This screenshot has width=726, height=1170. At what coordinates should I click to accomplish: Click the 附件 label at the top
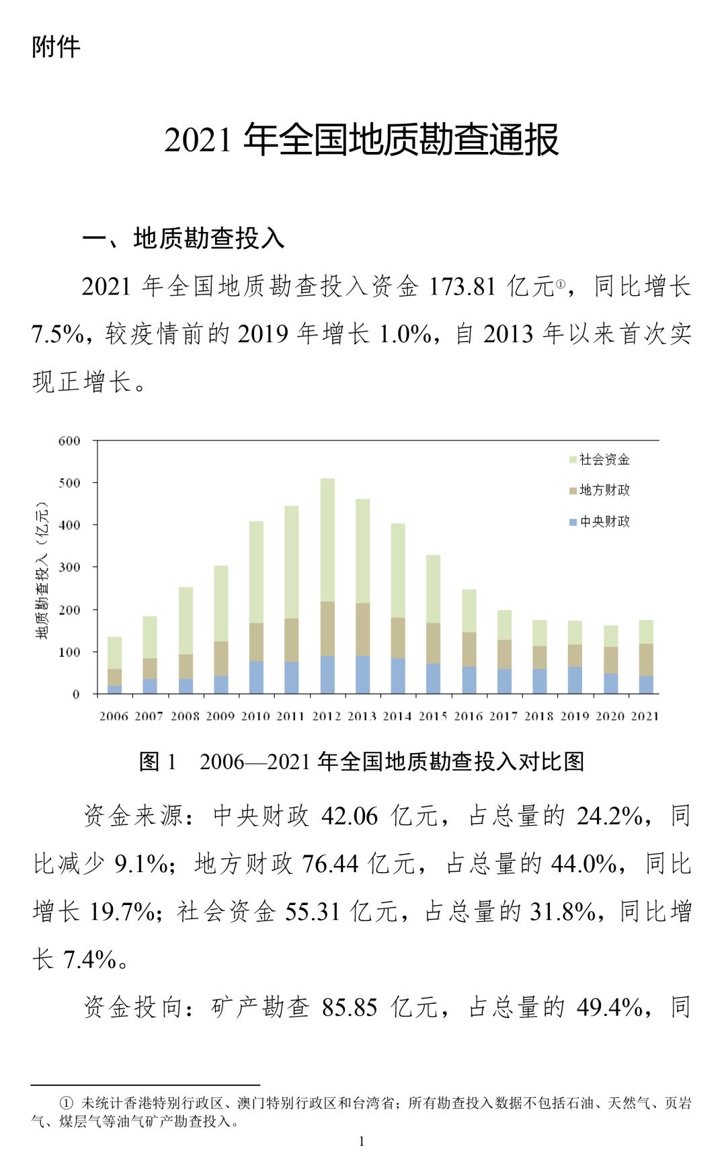click(x=56, y=46)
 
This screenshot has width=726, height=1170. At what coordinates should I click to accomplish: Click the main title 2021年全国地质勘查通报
click(x=362, y=140)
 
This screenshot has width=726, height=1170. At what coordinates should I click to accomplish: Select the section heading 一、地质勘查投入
click(x=184, y=238)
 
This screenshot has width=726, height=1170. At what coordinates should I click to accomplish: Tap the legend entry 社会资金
click(x=604, y=459)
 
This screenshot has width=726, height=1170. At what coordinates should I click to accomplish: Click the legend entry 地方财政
click(x=604, y=490)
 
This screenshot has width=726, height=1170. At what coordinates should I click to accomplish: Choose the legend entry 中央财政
click(x=604, y=521)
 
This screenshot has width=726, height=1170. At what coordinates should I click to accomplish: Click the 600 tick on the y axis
click(x=69, y=441)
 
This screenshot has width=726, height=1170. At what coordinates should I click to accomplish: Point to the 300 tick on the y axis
click(x=69, y=567)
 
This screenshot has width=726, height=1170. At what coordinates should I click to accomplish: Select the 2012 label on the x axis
click(x=327, y=716)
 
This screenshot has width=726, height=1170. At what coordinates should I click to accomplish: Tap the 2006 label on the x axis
click(x=114, y=716)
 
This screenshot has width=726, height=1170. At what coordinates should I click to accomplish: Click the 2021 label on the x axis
click(x=645, y=716)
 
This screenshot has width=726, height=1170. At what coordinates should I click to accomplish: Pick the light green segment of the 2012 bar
click(x=327, y=540)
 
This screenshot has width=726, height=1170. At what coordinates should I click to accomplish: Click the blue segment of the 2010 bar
click(x=256, y=677)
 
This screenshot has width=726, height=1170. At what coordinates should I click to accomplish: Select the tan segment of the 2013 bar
click(x=363, y=629)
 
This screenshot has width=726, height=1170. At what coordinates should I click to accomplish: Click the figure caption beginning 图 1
click(x=362, y=761)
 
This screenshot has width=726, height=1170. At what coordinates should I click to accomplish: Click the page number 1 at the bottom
click(x=362, y=1141)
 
